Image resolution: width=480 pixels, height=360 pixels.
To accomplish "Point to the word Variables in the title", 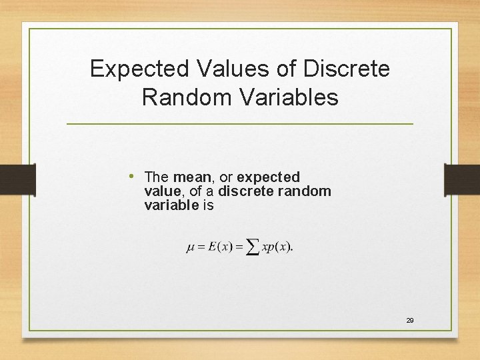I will (290, 97).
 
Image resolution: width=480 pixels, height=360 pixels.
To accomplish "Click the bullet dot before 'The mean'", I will (133, 177).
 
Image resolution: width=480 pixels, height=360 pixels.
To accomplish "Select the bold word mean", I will (192, 177).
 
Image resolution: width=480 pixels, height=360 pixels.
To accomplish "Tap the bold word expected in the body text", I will (268, 177).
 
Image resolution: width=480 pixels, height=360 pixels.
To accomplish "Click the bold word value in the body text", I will (161, 191).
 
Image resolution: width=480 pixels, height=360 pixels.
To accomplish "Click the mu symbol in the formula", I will (190, 247).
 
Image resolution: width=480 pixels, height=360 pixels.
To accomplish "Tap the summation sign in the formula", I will (252, 247).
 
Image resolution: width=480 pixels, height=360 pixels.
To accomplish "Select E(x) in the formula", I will (219, 247).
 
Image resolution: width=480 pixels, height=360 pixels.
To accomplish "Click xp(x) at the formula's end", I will (277, 247).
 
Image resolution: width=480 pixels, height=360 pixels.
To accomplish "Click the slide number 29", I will (410, 321).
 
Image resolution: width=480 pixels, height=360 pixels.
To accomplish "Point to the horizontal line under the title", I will (240, 124).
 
